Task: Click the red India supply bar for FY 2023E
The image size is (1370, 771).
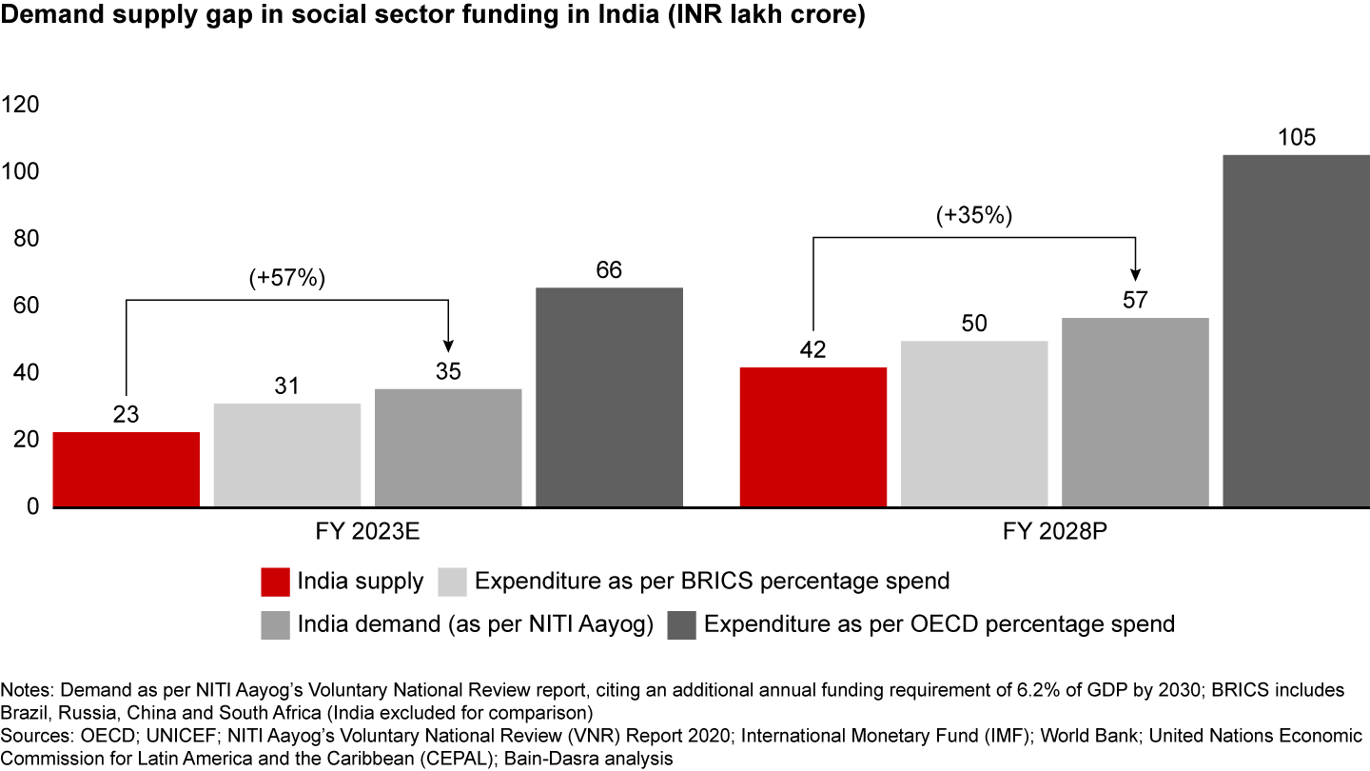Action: (x=127, y=468)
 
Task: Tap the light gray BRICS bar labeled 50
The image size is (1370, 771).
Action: (x=974, y=423)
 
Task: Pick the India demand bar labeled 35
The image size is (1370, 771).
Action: (x=448, y=446)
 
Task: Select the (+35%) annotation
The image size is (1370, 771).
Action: (x=973, y=215)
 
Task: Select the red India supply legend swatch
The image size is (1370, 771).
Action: (x=274, y=581)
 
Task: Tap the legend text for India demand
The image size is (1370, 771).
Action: (x=475, y=624)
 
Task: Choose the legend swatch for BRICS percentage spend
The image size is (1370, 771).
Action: (x=452, y=581)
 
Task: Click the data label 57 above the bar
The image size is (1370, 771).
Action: (x=1135, y=301)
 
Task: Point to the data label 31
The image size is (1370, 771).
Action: (x=286, y=386)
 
